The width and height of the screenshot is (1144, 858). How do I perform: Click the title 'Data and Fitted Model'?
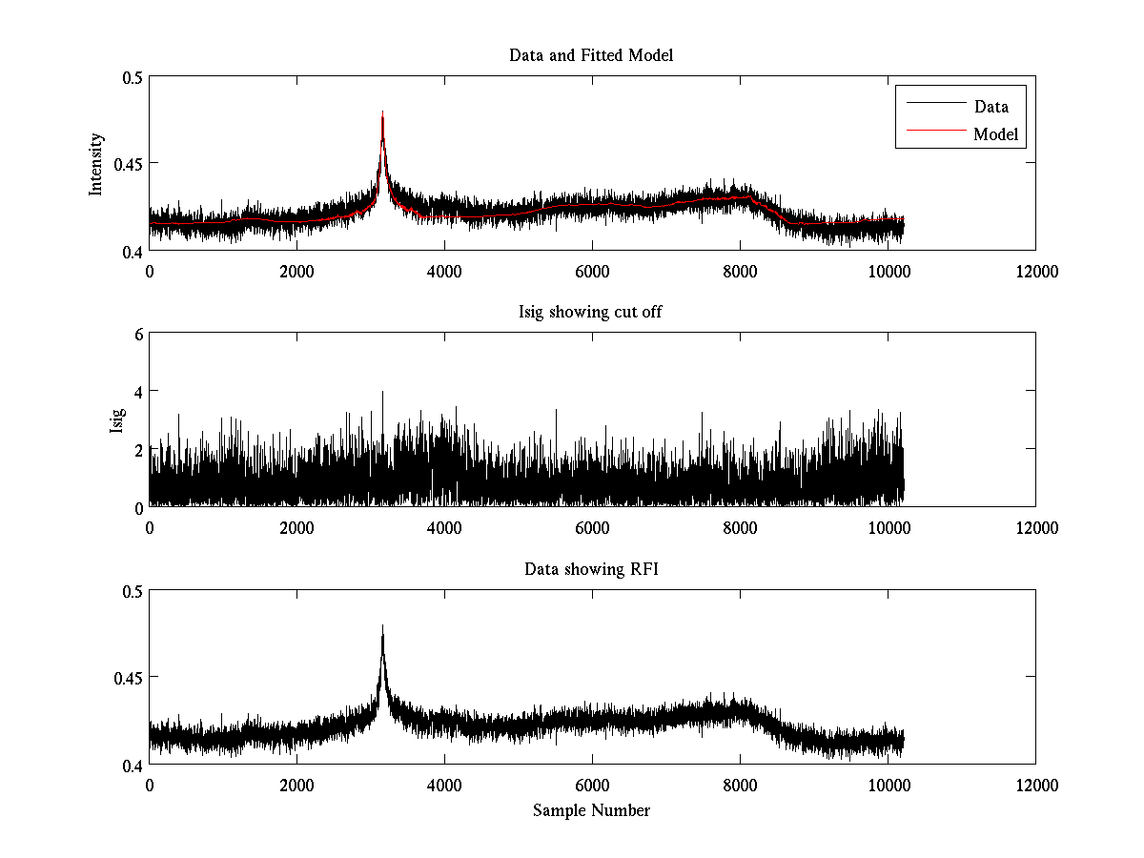[x=591, y=55]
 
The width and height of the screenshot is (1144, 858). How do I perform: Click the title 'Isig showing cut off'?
[x=591, y=313]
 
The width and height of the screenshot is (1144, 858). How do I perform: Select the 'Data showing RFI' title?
[x=591, y=569]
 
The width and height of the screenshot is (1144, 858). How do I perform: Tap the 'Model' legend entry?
[x=995, y=134]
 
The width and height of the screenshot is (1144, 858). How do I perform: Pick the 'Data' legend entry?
[x=991, y=107]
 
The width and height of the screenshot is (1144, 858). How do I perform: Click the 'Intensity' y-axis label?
[x=95, y=164]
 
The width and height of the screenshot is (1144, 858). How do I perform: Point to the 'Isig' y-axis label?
[x=116, y=420]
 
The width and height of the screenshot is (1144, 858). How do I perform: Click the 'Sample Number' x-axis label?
[x=591, y=810]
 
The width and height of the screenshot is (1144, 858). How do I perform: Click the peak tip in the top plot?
[x=382, y=112]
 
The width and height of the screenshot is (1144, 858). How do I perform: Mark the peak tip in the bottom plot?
[x=382, y=626]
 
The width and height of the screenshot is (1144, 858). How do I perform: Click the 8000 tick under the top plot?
[x=740, y=272]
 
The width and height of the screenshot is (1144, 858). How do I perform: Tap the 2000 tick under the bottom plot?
[x=296, y=785]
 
